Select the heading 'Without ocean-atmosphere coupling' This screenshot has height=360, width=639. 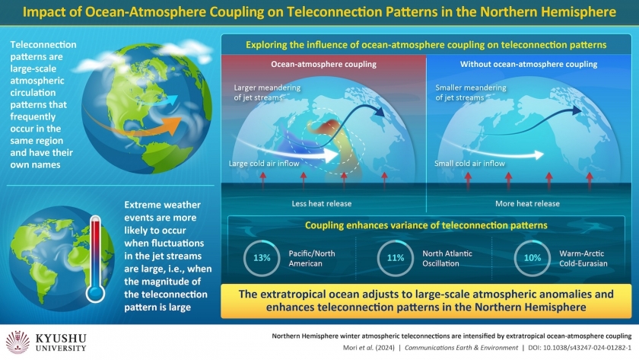(529, 64)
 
